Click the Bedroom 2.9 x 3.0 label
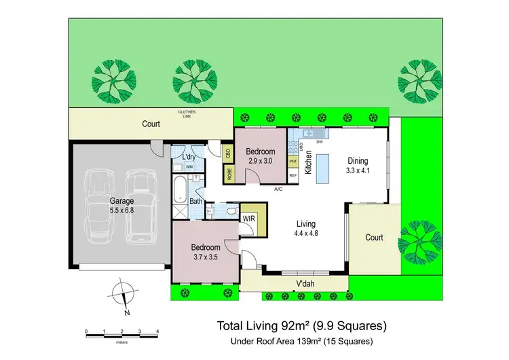(260, 156)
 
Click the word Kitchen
(307, 163)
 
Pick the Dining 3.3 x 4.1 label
(358, 166)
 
